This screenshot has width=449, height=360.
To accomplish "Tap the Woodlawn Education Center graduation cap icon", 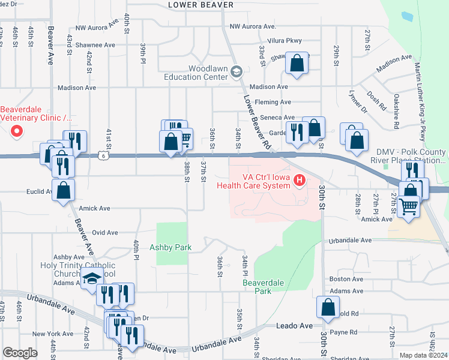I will (x=237, y=72).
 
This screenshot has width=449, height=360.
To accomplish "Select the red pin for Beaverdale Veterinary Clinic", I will (x=16, y=131).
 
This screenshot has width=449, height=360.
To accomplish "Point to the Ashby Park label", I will (x=171, y=247).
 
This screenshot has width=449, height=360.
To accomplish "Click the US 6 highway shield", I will (x=104, y=155).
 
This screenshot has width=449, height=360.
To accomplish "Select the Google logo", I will (x=20, y=353).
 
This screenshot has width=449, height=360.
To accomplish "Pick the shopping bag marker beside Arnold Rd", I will (x=328, y=307).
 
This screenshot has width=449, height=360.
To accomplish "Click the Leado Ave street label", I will (x=294, y=325).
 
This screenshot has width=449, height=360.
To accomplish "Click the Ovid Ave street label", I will (x=104, y=232).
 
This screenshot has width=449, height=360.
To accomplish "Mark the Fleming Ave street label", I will (x=273, y=102).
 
